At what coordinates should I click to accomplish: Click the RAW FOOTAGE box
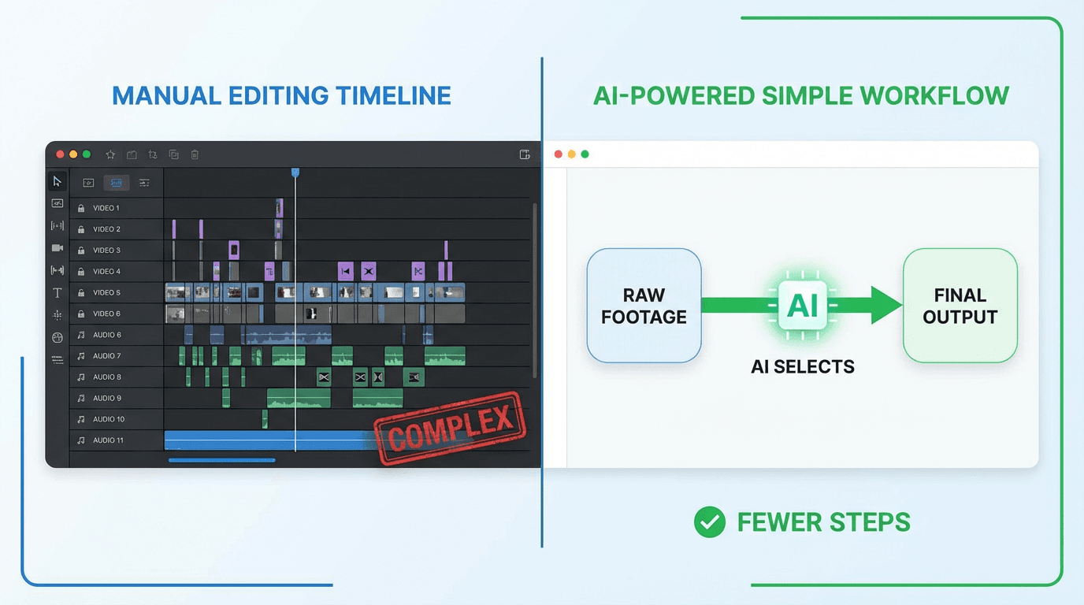pos(644,306)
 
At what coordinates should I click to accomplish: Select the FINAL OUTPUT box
pos(960,306)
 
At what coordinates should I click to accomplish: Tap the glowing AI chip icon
pos(803,305)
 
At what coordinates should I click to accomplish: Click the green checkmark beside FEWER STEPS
pos(709,521)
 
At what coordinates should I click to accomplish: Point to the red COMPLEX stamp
pos(450,428)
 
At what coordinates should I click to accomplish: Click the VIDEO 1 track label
pos(106,208)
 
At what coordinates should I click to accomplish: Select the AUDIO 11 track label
pos(108,440)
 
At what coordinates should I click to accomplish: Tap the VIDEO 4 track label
pos(106,272)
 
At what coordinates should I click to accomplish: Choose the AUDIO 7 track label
pos(106,356)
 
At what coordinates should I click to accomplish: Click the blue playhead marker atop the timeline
pos(295,172)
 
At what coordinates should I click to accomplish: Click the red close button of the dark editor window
pos(60,154)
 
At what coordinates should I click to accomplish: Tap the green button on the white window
pos(585,154)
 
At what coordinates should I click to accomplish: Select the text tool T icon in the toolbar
pos(58,293)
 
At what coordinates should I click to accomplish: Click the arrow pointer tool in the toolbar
pos(58,182)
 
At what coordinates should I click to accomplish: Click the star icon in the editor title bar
pos(110,155)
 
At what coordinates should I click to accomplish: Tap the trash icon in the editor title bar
pos(195,155)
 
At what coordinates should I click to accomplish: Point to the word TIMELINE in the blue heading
pos(393,96)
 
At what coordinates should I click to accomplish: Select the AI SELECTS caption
pos(803,366)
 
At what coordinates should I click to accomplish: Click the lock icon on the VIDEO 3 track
pos(81,251)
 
